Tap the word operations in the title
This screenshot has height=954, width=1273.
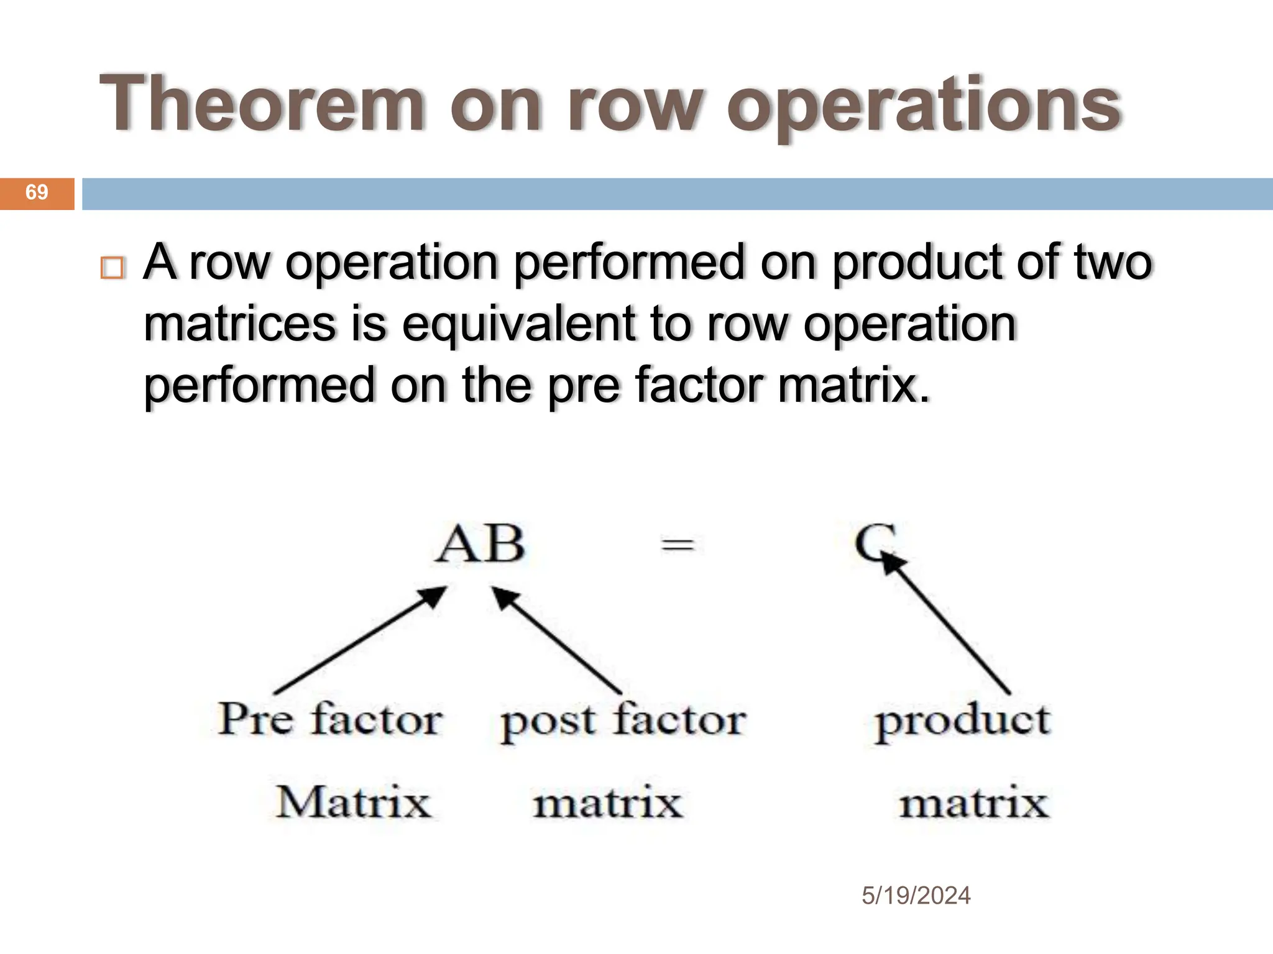924,106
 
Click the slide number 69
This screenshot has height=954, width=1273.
37,193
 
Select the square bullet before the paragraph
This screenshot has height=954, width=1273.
113,268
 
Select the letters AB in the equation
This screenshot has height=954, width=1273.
479,545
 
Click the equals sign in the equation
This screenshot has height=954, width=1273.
677,546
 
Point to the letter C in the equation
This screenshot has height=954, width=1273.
873,542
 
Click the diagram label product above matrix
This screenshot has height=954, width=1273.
962,720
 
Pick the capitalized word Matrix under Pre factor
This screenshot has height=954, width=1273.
353,802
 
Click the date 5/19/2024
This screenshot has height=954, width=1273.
916,896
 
